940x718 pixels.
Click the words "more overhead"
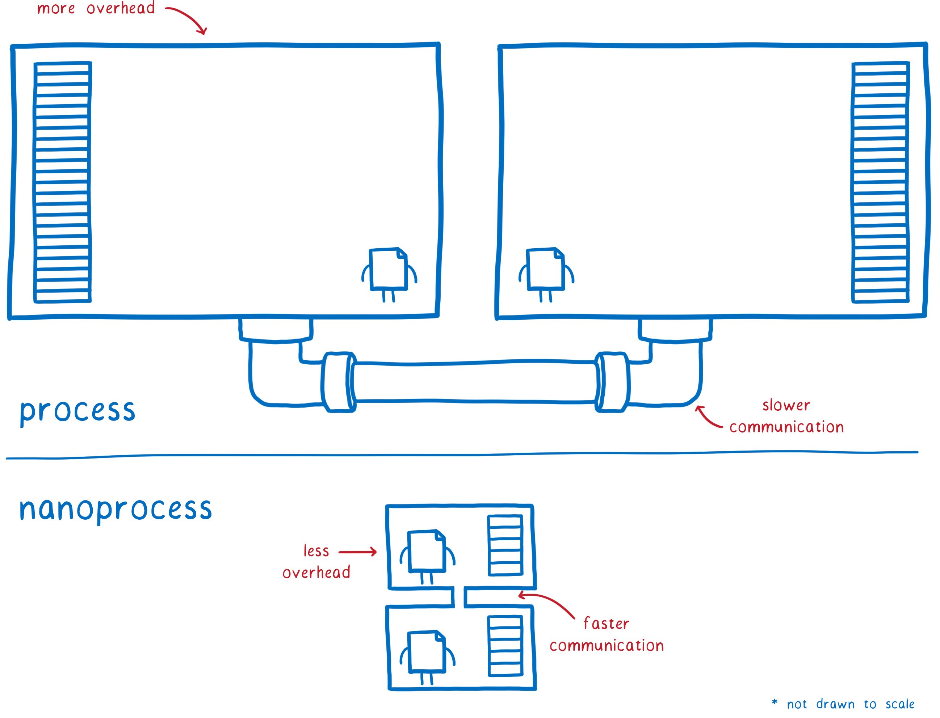pyautogui.click(x=96, y=9)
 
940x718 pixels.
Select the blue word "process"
pyautogui.click(x=77, y=411)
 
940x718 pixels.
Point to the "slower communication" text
pyautogui.click(x=786, y=416)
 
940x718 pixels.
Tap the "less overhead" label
pyautogui.click(x=316, y=562)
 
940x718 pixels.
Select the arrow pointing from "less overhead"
pyautogui.click(x=357, y=552)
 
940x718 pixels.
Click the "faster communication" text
pyautogui.click(x=607, y=635)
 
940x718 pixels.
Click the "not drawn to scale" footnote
pyautogui.click(x=843, y=704)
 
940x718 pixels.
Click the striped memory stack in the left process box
pyautogui.click(x=62, y=182)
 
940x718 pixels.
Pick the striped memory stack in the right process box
pyautogui.click(x=880, y=182)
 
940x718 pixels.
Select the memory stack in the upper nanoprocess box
pyautogui.click(x=505, y=545)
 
